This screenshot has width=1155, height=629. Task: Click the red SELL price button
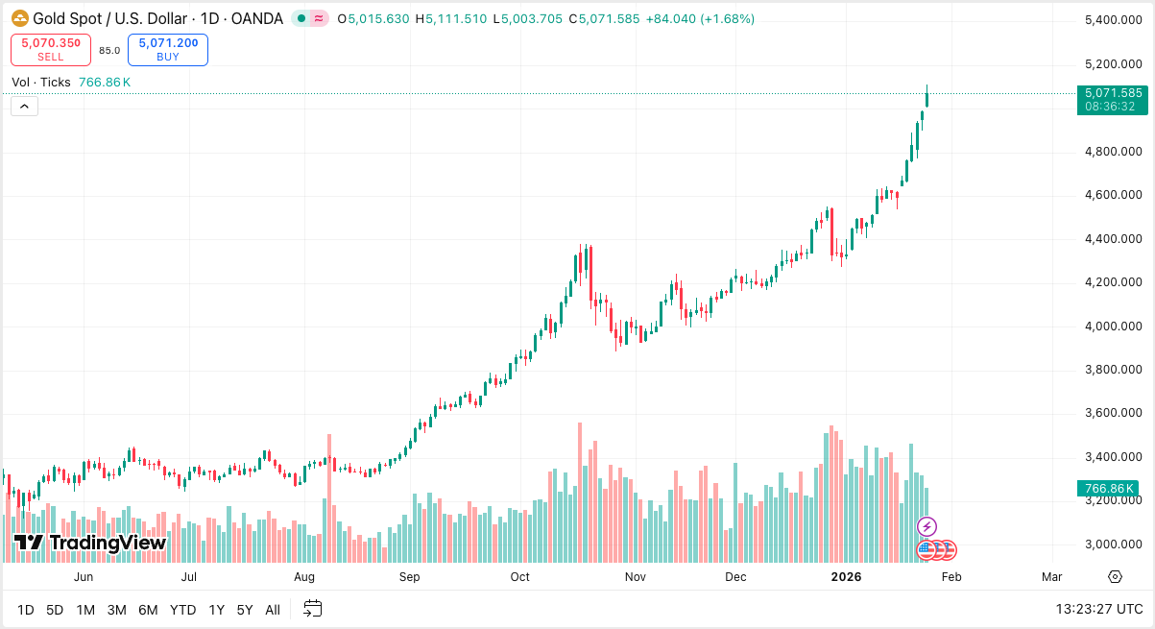point(51,49)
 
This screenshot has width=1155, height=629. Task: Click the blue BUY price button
point(168,49)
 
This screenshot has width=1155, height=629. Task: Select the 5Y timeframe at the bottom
point(245,610)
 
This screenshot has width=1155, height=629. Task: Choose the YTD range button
point(182,610)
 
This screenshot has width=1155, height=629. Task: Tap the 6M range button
point(148,610)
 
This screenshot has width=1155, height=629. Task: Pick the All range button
point(273,610)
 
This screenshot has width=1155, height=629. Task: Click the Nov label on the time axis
point(635,577)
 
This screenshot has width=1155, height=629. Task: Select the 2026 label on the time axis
point(846,577)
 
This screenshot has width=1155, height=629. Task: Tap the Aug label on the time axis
point(304,577)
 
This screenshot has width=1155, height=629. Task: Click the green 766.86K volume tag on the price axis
point(1109,489)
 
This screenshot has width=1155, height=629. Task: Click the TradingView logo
point(90,543)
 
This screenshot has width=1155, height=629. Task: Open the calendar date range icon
point(312,609)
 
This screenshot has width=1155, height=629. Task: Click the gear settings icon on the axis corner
point(1115,576)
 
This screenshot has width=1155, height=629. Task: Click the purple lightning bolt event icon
point(926,526)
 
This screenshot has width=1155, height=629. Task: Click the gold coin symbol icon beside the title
point(20,18)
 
